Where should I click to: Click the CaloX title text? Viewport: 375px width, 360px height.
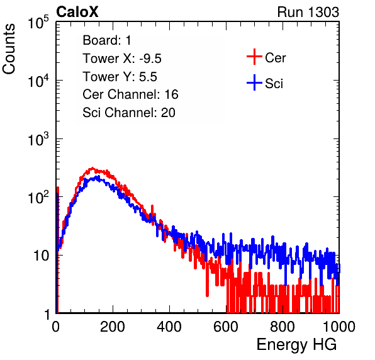click(x=77, y=12)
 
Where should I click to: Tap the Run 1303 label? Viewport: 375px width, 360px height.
click(x=308, y=12)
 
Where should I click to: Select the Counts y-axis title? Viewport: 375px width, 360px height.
click(x=9, y=49)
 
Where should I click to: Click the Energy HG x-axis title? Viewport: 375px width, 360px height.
click(x=296, y=345)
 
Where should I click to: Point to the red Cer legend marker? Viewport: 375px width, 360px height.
click(x=254, y=57)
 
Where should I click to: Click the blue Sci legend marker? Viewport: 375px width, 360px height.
click(x=254, y=82)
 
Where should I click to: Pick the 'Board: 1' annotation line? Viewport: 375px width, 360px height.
click(x=107, y=40)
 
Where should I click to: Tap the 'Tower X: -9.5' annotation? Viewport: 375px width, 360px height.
click(x=122, y=59)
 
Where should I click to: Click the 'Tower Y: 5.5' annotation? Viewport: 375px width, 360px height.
click(x=120, y=77)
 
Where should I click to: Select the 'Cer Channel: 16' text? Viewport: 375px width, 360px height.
click(x=130, y=94)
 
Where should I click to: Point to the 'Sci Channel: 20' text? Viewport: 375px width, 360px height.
click(x=129, y=113)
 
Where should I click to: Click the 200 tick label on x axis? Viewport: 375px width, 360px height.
click(x=113, y=327)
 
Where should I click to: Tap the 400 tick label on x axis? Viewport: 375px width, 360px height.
click(x=169, y=327)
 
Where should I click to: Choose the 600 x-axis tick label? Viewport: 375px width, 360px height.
click(x=226, y=327)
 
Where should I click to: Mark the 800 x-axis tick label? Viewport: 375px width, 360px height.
click(x=283, y=327)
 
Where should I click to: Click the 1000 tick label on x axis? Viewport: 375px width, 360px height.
click(x=339, y=327)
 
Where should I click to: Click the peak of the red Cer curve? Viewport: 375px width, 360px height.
click(x=92, y=168)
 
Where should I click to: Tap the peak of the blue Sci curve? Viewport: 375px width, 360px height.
click(x=97, y=176)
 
